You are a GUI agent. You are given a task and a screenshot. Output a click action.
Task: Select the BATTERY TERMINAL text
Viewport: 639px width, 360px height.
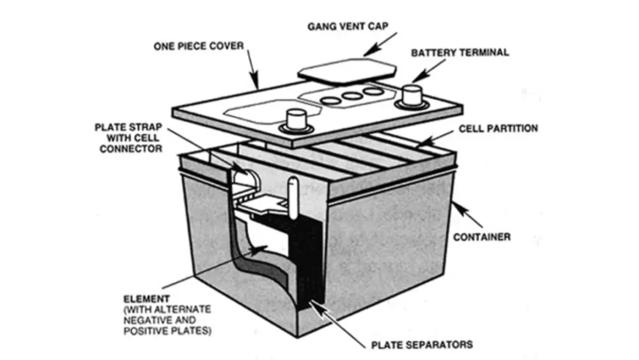[x=459, y=53]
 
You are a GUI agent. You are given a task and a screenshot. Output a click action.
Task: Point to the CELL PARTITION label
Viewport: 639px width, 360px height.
[x=498, y=129]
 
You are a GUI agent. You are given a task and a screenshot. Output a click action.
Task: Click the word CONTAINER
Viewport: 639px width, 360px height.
[x=482, y=237]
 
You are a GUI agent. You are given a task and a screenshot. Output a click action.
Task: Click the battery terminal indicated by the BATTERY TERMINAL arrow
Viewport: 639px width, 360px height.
[x=410, y=95]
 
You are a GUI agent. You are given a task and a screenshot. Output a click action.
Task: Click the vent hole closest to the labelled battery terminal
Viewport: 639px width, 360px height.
[x=373, y=92]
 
